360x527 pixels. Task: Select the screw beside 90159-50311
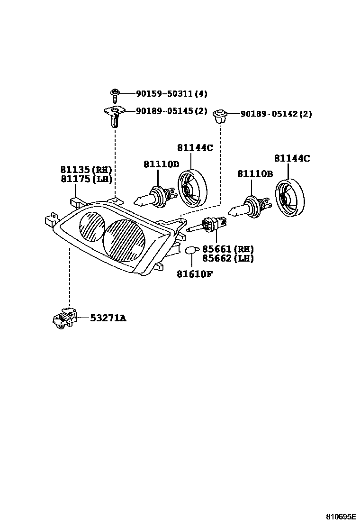click(114, 95)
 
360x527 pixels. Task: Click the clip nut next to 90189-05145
click(114, 117)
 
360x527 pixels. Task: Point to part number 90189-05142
click(270, 114)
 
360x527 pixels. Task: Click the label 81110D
click(162, 164)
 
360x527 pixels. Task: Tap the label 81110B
click(255, 174)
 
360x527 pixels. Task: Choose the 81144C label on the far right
click(292, 158)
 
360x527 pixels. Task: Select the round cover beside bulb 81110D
click(192, 189)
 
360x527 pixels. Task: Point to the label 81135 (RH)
click(86, 169)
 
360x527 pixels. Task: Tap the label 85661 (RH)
click(228, 249)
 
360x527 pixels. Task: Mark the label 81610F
click(194, 273)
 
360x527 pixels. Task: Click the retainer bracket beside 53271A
click(63, 318)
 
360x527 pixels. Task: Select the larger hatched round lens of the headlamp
click(124, 240)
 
